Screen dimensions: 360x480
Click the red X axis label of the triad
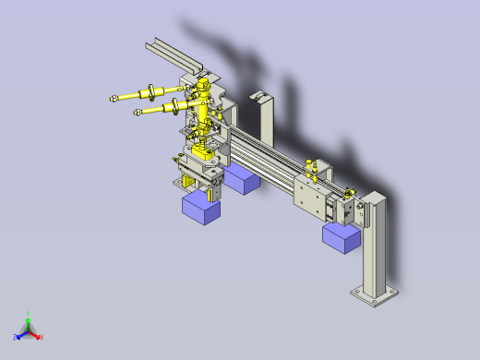42,337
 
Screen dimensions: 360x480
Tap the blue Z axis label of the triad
16,338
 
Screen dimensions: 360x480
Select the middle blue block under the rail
243,179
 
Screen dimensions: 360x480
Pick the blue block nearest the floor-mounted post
340,238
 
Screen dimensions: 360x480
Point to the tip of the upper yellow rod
111,97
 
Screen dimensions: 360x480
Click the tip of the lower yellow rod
136,114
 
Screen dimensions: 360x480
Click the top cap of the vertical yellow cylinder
201,86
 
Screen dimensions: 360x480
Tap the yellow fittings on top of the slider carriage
312,168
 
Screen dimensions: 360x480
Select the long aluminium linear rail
268,162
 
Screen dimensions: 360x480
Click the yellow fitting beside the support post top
349,192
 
